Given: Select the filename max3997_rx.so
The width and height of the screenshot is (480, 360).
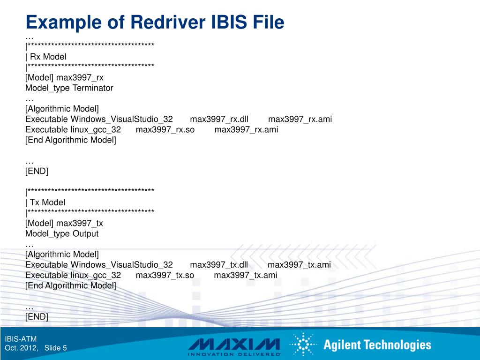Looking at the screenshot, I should pos(165,129).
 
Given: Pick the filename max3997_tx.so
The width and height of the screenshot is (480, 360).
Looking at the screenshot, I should pos(165,275).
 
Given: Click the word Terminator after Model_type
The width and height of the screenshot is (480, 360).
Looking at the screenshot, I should pos(93,88).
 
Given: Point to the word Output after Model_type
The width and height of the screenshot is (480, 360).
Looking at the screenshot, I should pos(85,233).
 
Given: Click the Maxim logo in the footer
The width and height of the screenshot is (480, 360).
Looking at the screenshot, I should pos(234,345).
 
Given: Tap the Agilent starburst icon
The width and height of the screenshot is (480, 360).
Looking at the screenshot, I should pos(303,345).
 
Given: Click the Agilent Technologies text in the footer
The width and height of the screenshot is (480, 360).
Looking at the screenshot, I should pos(377,345).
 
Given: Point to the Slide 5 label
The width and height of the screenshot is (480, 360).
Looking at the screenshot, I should pos(56,348).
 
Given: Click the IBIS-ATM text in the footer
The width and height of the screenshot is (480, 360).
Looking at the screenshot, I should pos(21,339).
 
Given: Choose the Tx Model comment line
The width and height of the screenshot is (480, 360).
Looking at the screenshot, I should pos(45,202).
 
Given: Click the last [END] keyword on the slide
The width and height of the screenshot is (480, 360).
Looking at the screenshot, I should pos(37,316).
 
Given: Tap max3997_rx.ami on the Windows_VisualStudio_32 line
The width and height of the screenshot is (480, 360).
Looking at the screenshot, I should pos(300,119).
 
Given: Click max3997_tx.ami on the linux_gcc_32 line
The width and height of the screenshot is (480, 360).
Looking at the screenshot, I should pos(245,275).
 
